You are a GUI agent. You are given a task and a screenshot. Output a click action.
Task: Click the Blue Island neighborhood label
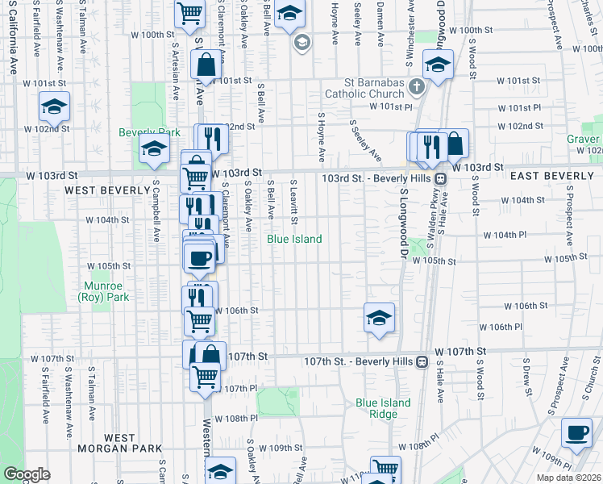tap(295, 239)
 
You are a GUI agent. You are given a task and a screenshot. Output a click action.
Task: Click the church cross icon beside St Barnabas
tap(416, 86)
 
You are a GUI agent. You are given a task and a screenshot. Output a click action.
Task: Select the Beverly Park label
tap(149, 132)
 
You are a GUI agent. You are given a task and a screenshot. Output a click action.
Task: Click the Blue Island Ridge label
tap(383, 408)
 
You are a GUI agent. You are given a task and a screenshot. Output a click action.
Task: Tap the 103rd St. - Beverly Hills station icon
tap(441, 178)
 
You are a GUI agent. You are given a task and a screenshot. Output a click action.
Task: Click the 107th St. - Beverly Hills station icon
tap(422, 362)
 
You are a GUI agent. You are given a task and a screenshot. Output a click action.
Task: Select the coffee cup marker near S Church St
tap(576, 433)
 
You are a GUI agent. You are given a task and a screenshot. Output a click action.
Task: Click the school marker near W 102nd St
tap(54, 106)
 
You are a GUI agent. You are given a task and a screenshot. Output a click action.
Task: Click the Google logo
tap(27, 474)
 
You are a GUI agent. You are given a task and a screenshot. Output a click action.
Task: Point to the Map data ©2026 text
tap(568, 478)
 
